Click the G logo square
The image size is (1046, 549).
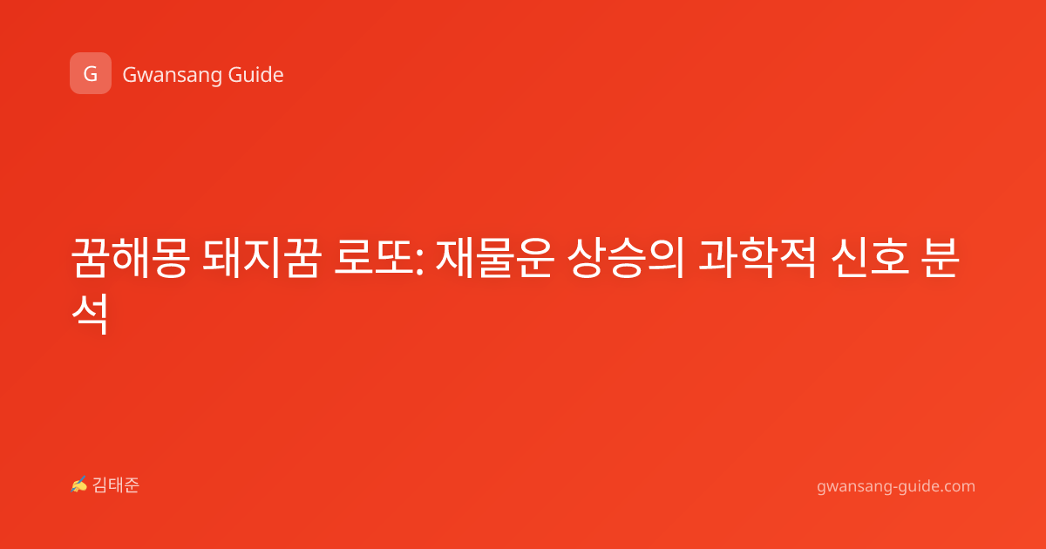coord(91,73)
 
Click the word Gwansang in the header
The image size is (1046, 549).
coord(172,76)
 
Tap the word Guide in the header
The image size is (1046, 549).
coord(256,74)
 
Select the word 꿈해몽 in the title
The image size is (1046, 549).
coord(130,258)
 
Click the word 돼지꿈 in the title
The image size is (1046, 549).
coord(262,258)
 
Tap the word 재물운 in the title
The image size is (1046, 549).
coord(494,258)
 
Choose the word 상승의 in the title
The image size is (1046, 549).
coord(626,258)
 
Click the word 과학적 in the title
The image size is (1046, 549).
coord(757,258)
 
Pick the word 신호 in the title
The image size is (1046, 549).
coord(870,258)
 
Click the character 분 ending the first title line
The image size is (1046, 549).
coord(941,258)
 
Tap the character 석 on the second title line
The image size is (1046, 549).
coord(90,314)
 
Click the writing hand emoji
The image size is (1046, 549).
coord(79,485)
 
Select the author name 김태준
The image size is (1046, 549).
coord(115,485)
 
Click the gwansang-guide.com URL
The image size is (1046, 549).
coord(896,486)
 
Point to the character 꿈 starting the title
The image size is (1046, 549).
coord(90,258)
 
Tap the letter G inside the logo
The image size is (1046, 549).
coord(91,74)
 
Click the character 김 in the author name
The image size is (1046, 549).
coord(100,485)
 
